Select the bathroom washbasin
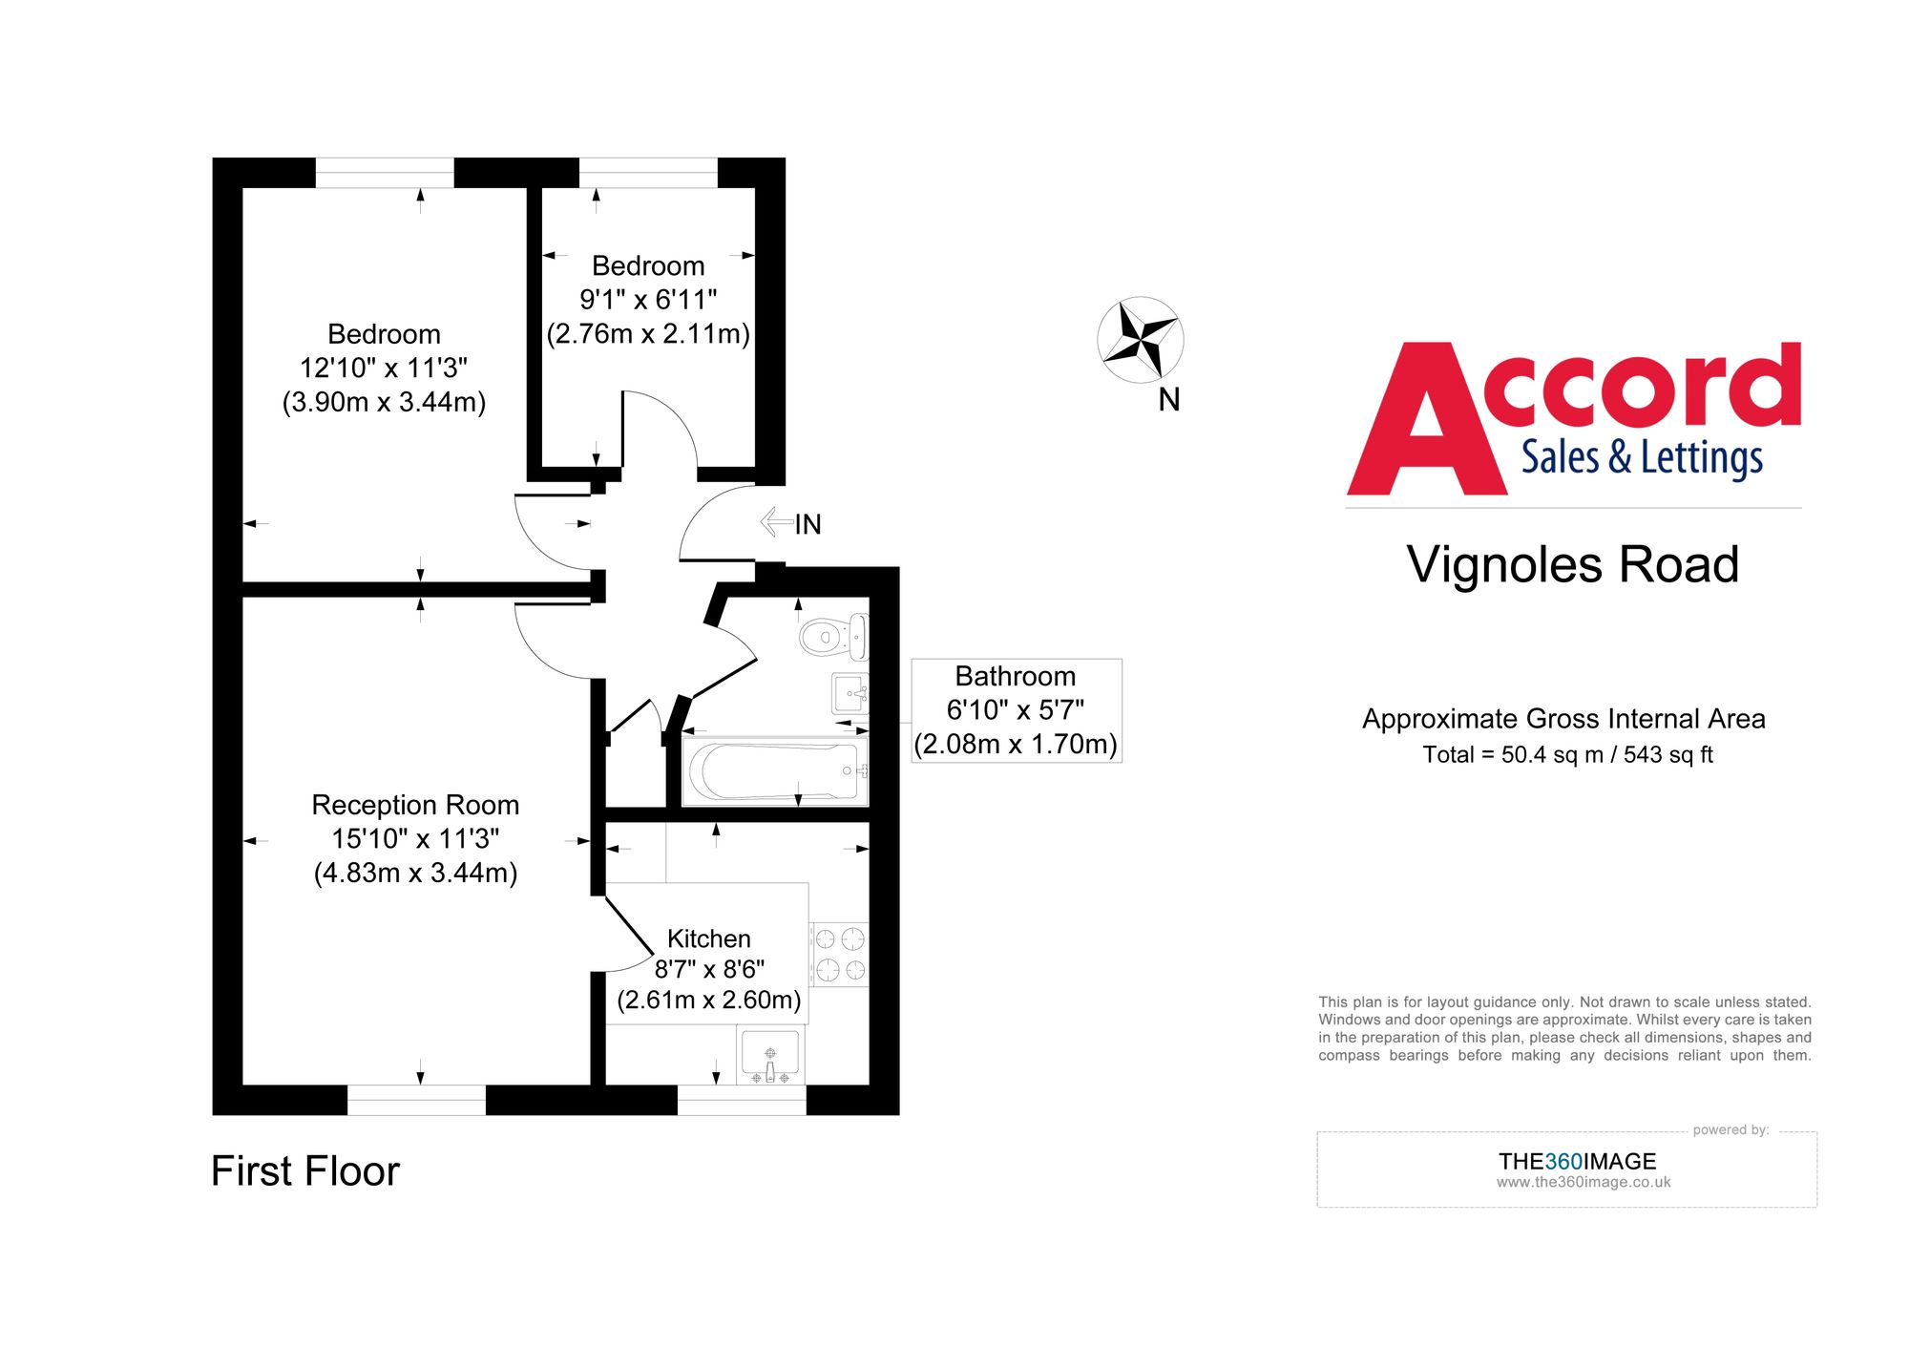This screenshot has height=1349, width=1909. [850, 693]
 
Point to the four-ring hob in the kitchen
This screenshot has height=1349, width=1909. [840, 954]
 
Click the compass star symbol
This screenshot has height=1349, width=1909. [1140, 339]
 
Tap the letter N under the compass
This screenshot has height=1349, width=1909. [1168, 400]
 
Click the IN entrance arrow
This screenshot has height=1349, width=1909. [777, 522]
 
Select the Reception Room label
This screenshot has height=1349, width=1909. [415, 805]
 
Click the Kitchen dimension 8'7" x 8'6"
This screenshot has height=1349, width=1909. [708, 969]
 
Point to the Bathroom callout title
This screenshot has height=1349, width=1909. [1015, 676]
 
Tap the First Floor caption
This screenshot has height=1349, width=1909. [304, 1170]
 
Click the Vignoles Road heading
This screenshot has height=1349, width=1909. [1572, 564]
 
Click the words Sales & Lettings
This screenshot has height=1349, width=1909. [1641, 457]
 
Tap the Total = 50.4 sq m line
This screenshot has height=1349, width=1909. [1567, 754]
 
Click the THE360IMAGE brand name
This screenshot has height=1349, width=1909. [1577, 1161]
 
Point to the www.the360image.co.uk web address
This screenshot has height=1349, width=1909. [1583, 1182]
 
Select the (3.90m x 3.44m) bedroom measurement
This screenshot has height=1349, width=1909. [384, 402]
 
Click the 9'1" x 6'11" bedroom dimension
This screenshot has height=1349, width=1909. [648, 300]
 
